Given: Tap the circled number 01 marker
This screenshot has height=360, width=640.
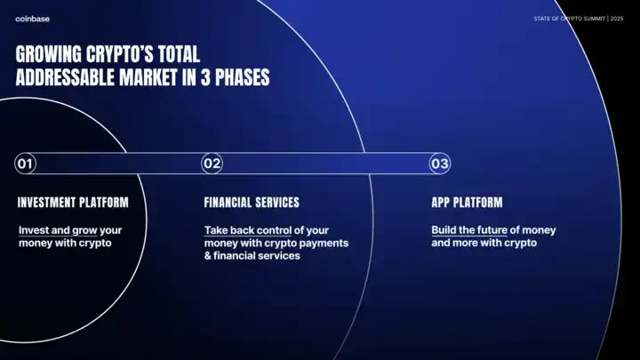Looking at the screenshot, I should tap(25, 164).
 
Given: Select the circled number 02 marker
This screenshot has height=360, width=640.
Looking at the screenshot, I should tap(212, 164).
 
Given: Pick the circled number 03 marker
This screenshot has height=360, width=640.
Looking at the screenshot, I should tap(440, 164).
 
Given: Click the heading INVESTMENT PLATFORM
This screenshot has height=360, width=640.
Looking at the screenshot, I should tap(73, 203).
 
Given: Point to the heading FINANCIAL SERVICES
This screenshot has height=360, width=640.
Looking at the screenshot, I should tap(252, 203).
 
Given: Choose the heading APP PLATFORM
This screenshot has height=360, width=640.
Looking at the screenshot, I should tap(467, 203).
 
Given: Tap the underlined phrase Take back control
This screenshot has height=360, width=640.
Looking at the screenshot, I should tap(248, 230).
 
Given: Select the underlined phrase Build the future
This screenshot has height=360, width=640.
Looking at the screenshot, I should tap(469, 230).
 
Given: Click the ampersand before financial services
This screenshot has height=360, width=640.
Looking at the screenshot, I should tap(208, 256).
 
